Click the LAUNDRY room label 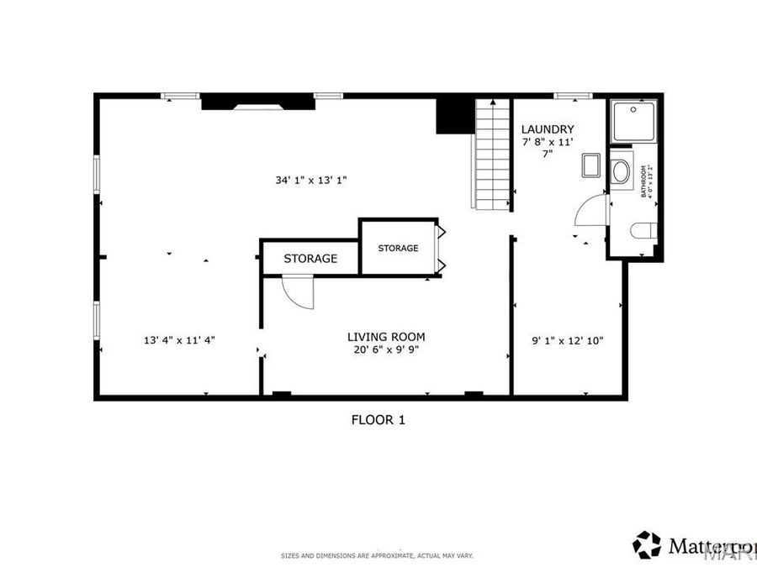coord(548,129)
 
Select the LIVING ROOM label coord(386,337)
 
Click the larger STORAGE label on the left coord(310,259)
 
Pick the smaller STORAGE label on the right coord(398,248)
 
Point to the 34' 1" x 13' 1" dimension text coord(311,180)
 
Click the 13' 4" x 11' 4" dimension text coord(179,340)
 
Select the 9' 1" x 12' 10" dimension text coord(568,340)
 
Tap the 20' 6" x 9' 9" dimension coord(386,350)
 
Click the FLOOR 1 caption coord(378,419)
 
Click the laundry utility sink coord(590,165)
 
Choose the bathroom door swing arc coord(590,211)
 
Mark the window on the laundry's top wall coord(573,96)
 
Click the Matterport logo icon coord(647,544)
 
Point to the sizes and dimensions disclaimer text coord(378,556)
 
